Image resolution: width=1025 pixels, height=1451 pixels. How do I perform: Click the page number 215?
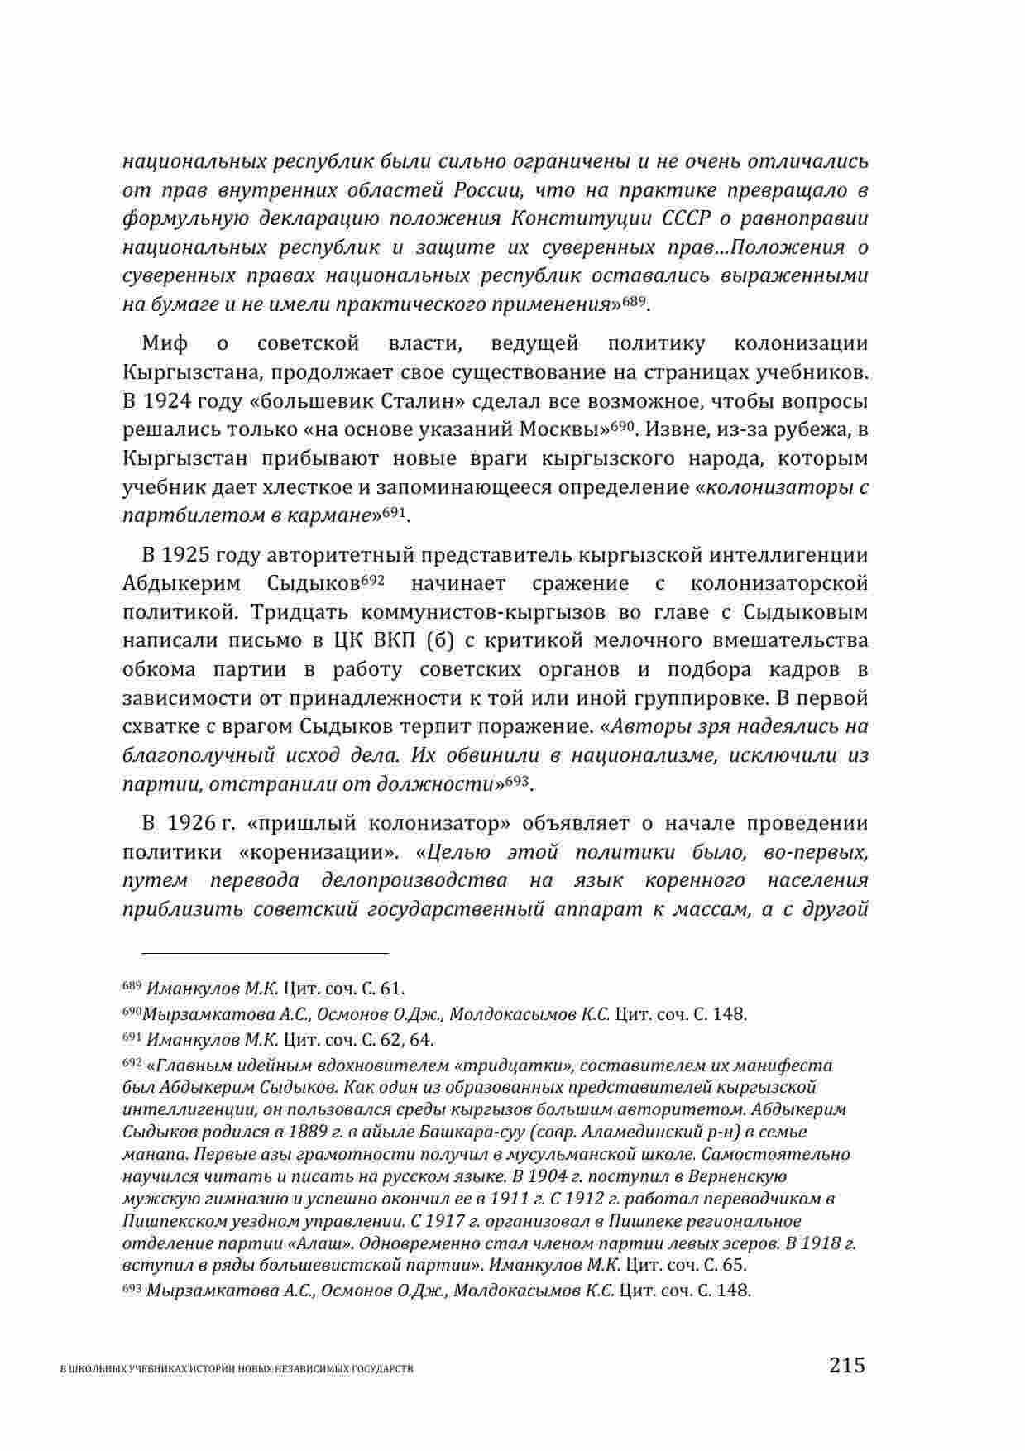(846, 1364)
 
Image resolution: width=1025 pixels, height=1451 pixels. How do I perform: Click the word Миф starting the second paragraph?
(165, 343)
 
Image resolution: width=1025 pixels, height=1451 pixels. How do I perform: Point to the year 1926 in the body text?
(193, 823)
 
